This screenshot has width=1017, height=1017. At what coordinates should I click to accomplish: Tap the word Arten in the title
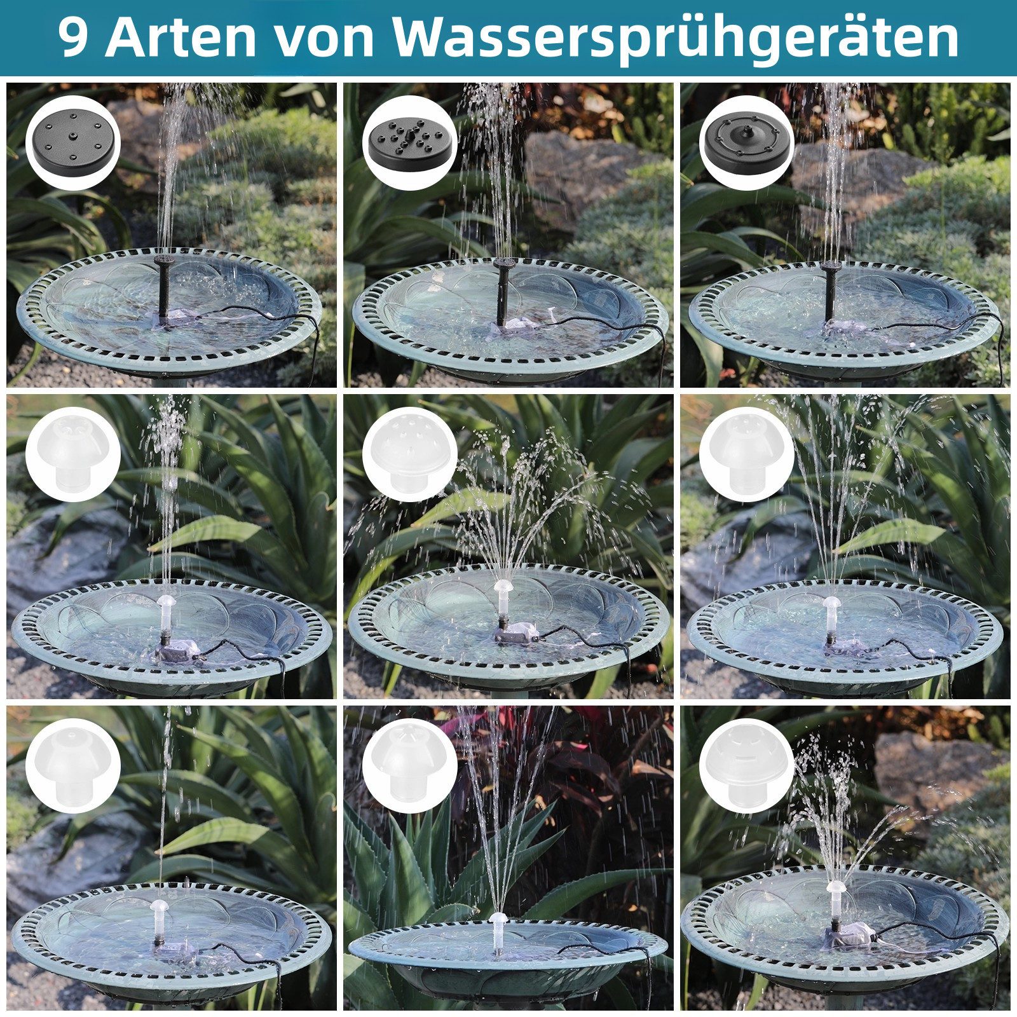coord(181,38)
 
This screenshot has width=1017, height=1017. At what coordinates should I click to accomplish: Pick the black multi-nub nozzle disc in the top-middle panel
coord(410,143)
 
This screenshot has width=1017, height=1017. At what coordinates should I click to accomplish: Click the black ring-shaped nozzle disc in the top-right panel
coord(747,143)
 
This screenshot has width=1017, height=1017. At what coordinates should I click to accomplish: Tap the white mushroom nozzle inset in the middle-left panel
coord(73,454)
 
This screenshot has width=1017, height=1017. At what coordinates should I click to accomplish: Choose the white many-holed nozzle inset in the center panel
coord(410,454)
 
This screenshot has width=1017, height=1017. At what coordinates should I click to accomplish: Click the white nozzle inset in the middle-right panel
coord(747,454)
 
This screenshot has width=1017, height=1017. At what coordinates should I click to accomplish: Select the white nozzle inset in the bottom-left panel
coord(73,766)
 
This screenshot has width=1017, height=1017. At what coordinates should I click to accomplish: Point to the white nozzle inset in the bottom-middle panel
coord(410,766)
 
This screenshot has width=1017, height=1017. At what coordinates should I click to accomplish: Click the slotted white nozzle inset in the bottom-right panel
coord(747,766)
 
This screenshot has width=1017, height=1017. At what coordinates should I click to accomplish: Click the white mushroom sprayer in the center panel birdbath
coord(503,591)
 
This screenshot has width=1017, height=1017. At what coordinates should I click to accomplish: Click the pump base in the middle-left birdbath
coord(180,652)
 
